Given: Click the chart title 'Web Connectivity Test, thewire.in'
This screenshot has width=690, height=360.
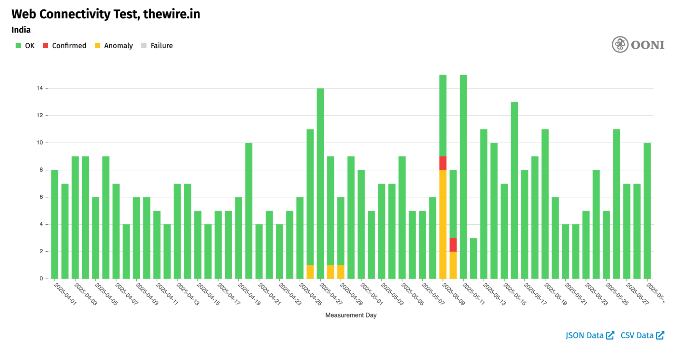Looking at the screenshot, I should point(106,14).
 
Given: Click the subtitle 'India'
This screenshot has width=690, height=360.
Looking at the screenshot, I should point(21,30).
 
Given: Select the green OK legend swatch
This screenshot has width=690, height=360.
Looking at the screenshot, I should point(18,46).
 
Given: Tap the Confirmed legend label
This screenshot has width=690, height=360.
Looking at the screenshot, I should point(69,46).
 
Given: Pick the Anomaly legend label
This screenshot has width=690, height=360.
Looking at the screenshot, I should point(118,46).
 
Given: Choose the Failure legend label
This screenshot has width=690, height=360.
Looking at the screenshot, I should point(162,46).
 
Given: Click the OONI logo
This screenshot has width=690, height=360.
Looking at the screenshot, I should point(638,45).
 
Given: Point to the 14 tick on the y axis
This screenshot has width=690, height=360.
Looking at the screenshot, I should point(40,88).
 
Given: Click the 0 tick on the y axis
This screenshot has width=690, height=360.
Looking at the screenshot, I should point(41,279).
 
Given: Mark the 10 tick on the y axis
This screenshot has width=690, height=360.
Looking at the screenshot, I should point(40,143).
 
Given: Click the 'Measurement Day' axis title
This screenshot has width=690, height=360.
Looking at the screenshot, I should point(351,315).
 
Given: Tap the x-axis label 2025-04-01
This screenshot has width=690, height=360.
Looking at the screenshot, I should point(65,294).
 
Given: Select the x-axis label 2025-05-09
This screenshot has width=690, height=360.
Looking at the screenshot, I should point(454,294).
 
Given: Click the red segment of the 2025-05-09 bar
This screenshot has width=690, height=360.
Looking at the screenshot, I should point(443,163).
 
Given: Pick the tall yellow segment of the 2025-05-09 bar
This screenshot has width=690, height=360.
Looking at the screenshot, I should point(443,224).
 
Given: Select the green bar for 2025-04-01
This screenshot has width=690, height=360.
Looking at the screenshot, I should point(55,224).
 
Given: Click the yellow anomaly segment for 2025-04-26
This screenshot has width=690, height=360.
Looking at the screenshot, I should point(310,272).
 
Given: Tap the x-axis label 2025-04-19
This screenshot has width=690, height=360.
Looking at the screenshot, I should point(249,294).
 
